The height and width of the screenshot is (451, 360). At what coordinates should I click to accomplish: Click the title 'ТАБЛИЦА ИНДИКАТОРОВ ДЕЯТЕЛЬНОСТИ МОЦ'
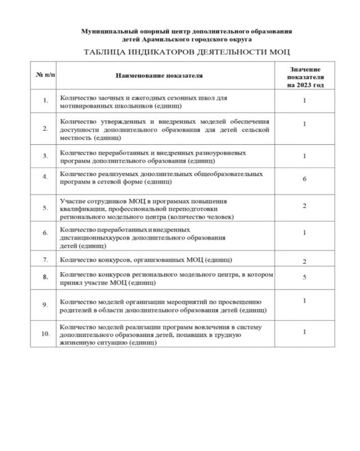pos(178,52)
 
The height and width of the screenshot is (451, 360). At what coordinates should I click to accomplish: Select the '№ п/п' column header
pos(41,74)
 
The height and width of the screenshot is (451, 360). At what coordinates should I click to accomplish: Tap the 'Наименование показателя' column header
pos(158,74)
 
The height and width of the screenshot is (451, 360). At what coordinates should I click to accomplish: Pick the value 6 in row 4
pos(305,175)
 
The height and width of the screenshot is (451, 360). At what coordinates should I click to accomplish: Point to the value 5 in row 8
pos(305,276)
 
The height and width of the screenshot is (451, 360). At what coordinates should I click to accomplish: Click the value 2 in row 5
pos(305,206)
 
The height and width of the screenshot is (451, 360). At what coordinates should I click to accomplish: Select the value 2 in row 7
pos(305,261)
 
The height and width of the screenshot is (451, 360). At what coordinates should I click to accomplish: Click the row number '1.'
pos(45,101)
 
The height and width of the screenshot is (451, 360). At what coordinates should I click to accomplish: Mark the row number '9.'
pos(45,305)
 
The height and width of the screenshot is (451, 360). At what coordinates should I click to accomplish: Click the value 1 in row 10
pos(305,331)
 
